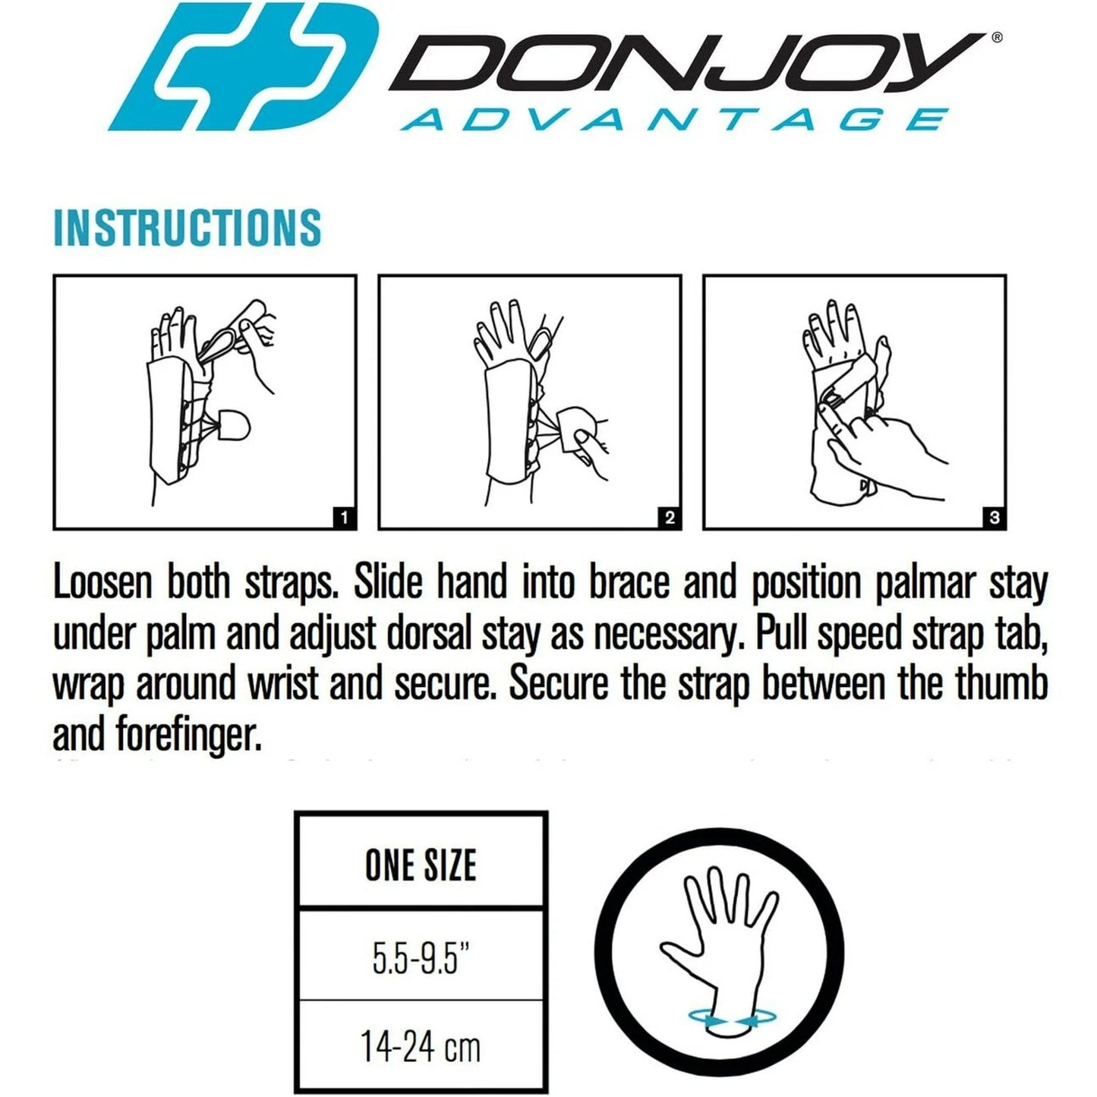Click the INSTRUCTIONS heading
(x=188, y=227)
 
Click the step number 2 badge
(x=669, y=518)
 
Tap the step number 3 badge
(x=994, y=518)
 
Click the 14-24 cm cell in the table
(x=421, y=1048)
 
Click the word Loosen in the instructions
(x=102, y=583)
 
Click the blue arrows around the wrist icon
(x=726, y=1020)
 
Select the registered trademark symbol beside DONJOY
(x=997, y=36)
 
